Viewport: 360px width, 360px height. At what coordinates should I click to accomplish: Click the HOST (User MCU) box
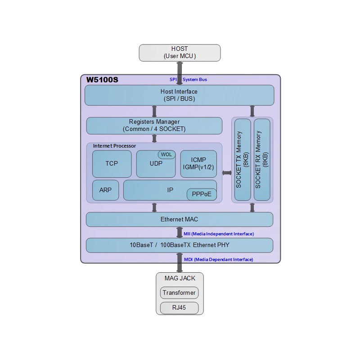pos(180,53)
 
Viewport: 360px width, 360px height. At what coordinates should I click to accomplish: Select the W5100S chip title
pos(102,80)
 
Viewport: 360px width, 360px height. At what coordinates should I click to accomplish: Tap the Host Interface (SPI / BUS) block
pos(179,95)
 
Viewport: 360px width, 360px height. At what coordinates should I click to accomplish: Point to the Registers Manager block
pos(154,126)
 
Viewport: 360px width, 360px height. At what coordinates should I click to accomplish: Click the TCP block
pos(112,164)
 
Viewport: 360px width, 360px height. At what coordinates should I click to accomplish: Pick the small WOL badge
pos(166,154)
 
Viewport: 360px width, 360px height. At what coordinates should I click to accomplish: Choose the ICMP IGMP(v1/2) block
pos(198,164)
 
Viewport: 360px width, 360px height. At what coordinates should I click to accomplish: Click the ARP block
pos(105,190)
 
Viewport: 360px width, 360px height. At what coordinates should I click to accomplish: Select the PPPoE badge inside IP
pos(202,194)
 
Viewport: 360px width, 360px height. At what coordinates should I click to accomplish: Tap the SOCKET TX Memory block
pos(243,160)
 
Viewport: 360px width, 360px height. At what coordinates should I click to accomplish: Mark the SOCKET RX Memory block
pos(262,160)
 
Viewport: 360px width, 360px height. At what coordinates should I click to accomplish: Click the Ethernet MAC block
pos(180,220)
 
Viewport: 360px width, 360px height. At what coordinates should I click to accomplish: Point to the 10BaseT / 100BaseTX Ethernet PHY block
pos(180,245)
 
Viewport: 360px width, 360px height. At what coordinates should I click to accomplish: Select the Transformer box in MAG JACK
pos(179,293)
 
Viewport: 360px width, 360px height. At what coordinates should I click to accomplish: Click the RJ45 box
pos(179,308)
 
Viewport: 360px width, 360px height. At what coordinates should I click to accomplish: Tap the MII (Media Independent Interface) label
pos(219,234)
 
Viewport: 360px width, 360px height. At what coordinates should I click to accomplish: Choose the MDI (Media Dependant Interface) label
pos(219,260)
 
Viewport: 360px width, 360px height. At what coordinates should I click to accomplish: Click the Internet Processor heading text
pos(114,146)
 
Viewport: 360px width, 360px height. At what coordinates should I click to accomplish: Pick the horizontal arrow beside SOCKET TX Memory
pos(227,173)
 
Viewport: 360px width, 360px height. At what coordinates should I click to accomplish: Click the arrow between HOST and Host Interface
pos(180,73)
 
